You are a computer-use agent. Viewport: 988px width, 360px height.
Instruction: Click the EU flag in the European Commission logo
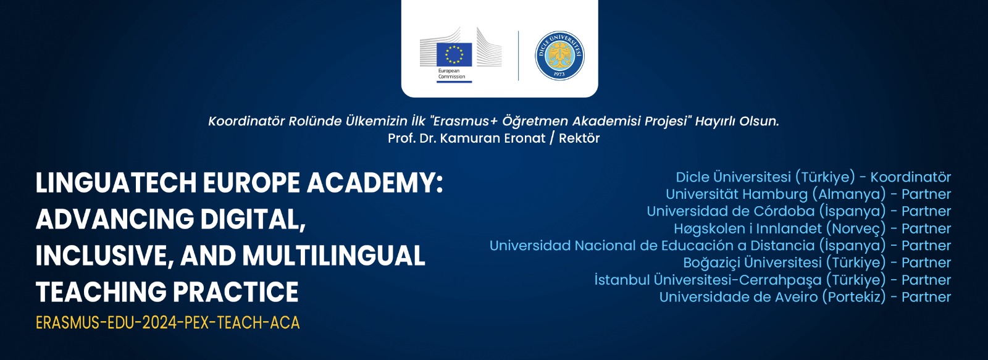[x=454, y=54]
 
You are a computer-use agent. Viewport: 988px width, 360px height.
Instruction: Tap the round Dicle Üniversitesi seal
[x=559, y=56]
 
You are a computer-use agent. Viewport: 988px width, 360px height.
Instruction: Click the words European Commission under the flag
[x=451, y=73]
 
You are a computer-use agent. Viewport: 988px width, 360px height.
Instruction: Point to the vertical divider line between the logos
[x=518, y=56]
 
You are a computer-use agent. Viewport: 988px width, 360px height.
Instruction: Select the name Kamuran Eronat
[x=493, y=138]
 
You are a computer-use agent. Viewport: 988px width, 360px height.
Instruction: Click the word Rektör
[x=579, y=138]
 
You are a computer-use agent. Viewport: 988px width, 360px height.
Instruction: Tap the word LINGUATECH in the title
[x=116, y=183]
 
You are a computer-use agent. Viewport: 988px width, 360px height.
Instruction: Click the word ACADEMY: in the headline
[x=375, y=183]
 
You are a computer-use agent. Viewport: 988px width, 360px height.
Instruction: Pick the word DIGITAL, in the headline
[x=253, y=219]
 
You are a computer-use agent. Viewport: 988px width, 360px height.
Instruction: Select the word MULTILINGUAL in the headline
[x=333, y=256]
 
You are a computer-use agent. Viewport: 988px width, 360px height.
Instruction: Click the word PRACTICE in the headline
[x=235, y=292]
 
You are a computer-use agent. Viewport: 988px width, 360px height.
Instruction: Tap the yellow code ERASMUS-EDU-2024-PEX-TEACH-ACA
[x=167, y=323]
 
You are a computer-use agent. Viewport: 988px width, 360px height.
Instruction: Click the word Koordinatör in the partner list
[x=910, y=177]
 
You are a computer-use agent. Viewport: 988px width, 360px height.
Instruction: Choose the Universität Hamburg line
[x=808, y=194]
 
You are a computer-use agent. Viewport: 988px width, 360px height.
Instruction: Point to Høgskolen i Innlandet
[x=748, y=228]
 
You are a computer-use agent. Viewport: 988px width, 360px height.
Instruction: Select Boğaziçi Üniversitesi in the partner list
[x=753, y=262]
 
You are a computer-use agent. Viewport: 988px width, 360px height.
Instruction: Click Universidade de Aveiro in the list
[x=739, y=297]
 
